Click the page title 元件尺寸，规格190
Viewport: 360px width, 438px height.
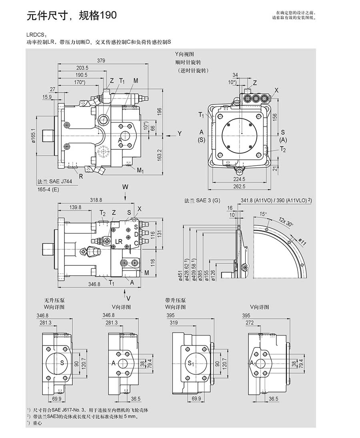[x=72, y=16]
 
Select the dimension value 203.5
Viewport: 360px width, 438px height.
[x=82, y=68]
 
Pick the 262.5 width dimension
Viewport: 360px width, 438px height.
[x=240, y=187]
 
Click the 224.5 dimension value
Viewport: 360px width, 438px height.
[x=240, y=179]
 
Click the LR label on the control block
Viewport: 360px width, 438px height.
[x=119, y=241]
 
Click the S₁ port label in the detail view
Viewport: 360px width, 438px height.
[x=191, y=364]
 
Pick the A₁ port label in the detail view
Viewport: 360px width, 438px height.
[x=252, y=363]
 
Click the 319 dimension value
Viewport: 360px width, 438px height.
[x=174, y=323]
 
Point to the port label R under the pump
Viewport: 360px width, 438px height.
[x=81, y=176]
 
